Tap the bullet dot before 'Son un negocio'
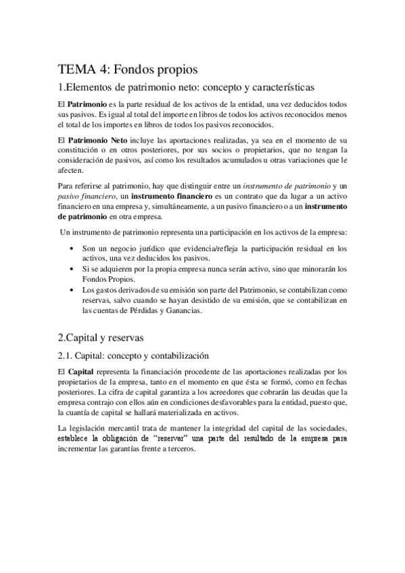click(73, 249)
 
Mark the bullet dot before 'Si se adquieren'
click(73, 269)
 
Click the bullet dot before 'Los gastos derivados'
click(73, 289)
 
